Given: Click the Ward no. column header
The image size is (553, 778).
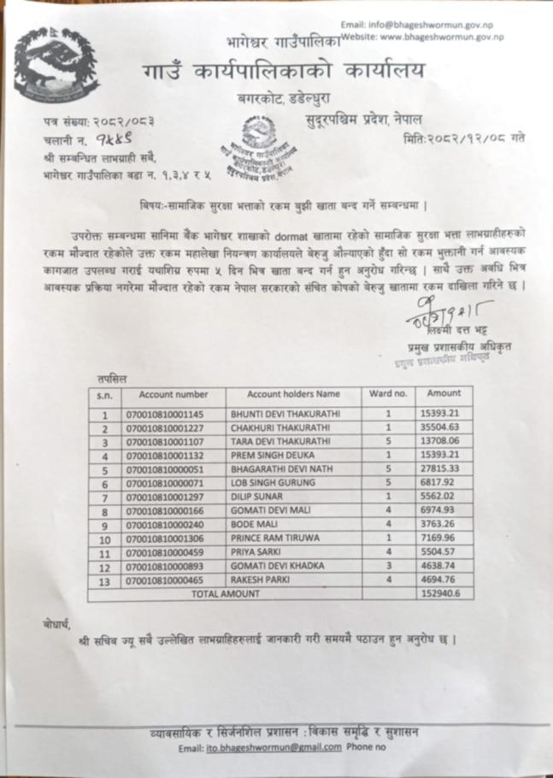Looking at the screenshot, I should pos(388,395).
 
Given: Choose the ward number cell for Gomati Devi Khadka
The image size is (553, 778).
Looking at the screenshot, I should pos(388,566).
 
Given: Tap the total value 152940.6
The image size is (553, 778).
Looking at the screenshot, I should pos(444,592).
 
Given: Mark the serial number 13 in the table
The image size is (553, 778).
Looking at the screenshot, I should pos(104,580).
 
